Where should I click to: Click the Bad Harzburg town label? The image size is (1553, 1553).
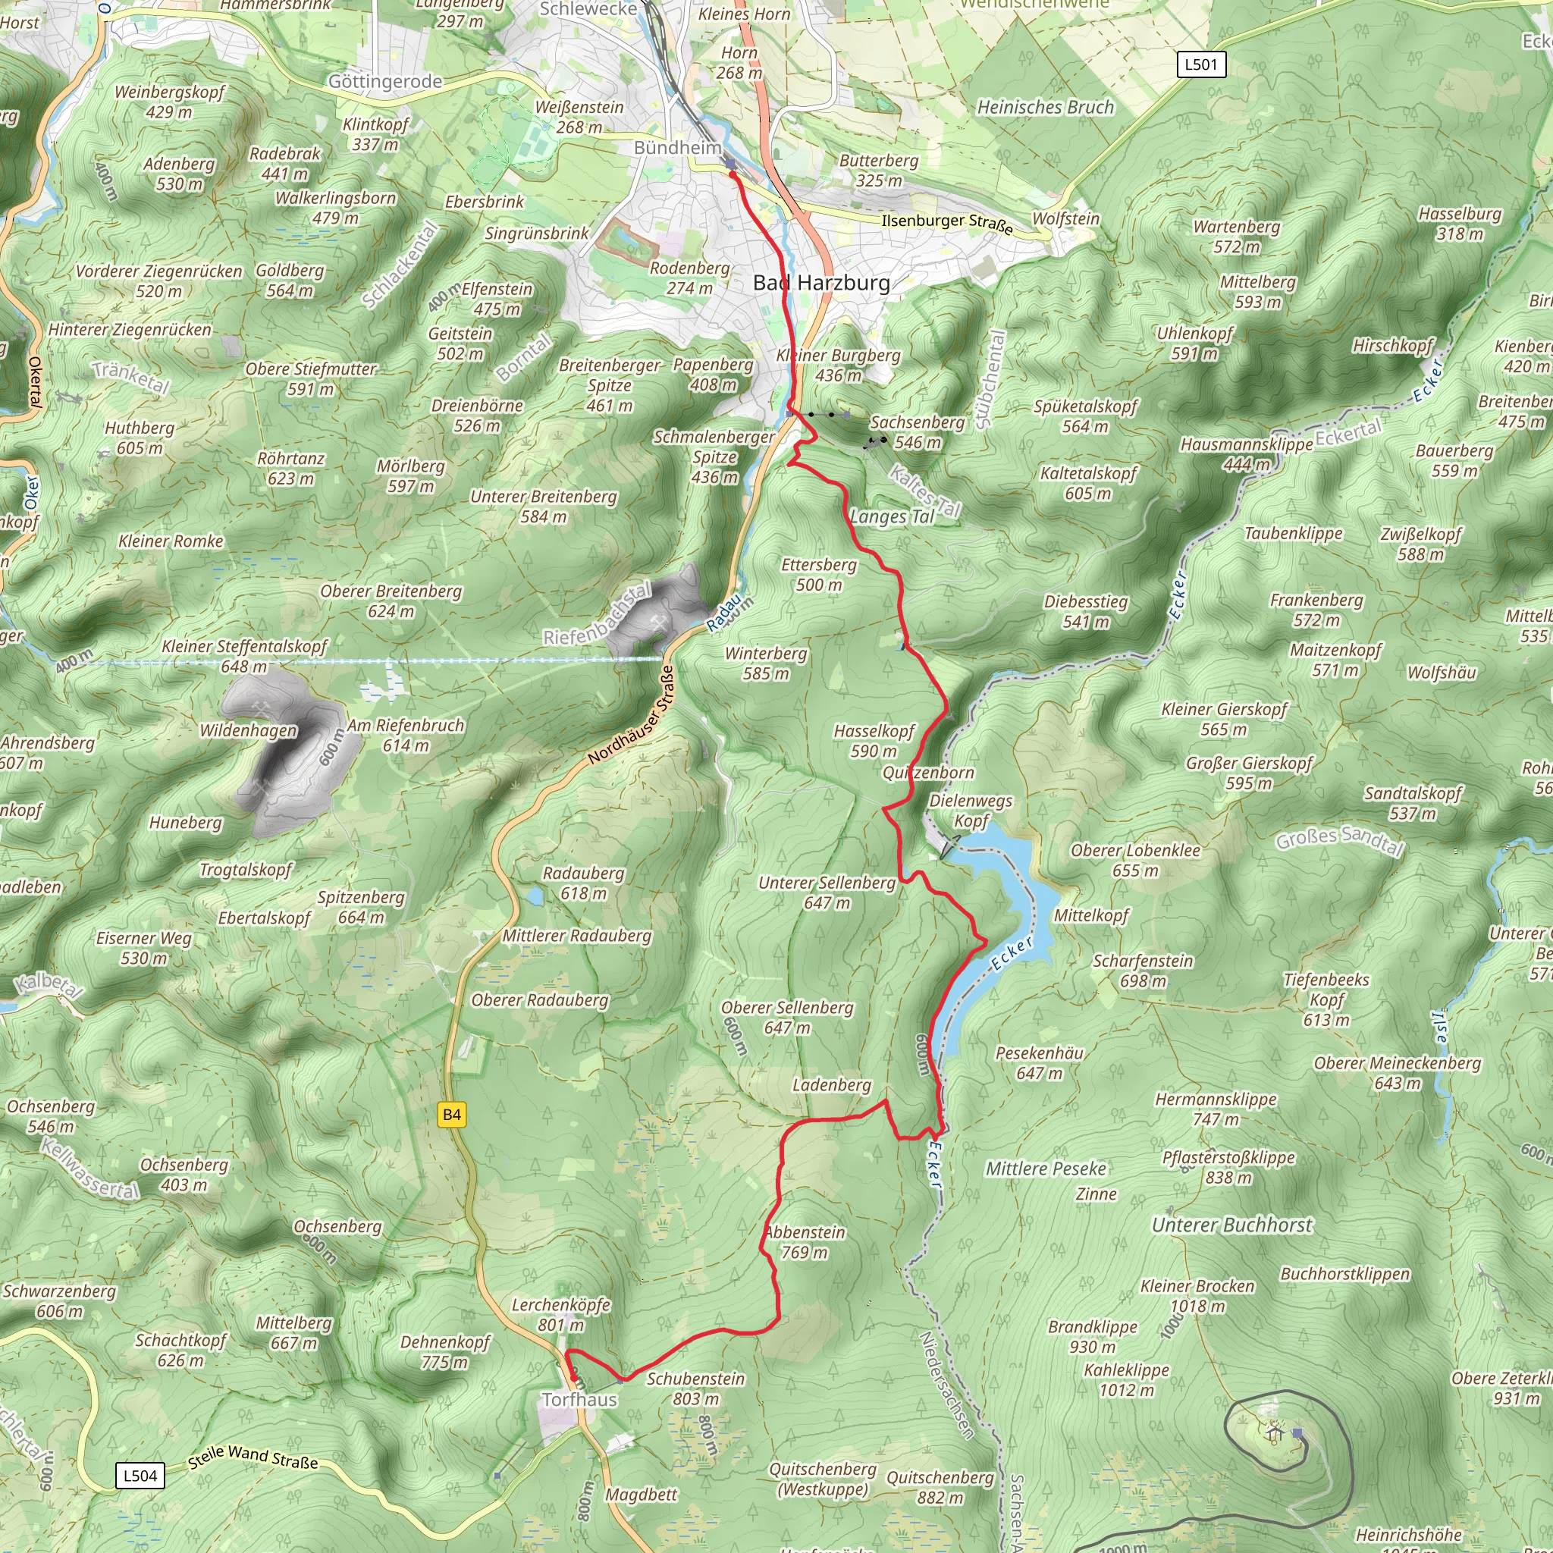(x=820, y=283)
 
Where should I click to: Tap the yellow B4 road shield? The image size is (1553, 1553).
(x=452, y=1114)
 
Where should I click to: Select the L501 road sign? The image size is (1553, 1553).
(x=1201, y=64)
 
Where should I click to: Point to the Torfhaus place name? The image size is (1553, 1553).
(x=579, y=1400)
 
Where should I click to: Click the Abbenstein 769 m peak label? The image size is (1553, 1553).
(x=804, y=1242)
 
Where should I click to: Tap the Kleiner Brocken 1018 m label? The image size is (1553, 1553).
(x=1197, y=1296)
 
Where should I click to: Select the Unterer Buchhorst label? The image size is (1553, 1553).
(x=1231, y=1225)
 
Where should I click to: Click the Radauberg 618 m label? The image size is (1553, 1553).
(x=583, y=883)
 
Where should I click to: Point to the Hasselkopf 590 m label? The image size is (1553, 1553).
(x=874, y=740)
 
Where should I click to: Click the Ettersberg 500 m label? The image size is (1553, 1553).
(x=818, y=574)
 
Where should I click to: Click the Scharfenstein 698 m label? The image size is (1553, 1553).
(x=1142, y=970)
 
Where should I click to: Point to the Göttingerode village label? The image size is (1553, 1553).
(x=385, y=81)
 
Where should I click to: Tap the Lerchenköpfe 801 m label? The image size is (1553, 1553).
(x=561, y=1314)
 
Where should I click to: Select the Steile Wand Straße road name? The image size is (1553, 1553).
(x=253, y=1456)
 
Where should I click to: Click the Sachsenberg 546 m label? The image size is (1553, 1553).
(x=918, y=431)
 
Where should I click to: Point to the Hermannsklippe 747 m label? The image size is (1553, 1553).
(x=1216, y=1109)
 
